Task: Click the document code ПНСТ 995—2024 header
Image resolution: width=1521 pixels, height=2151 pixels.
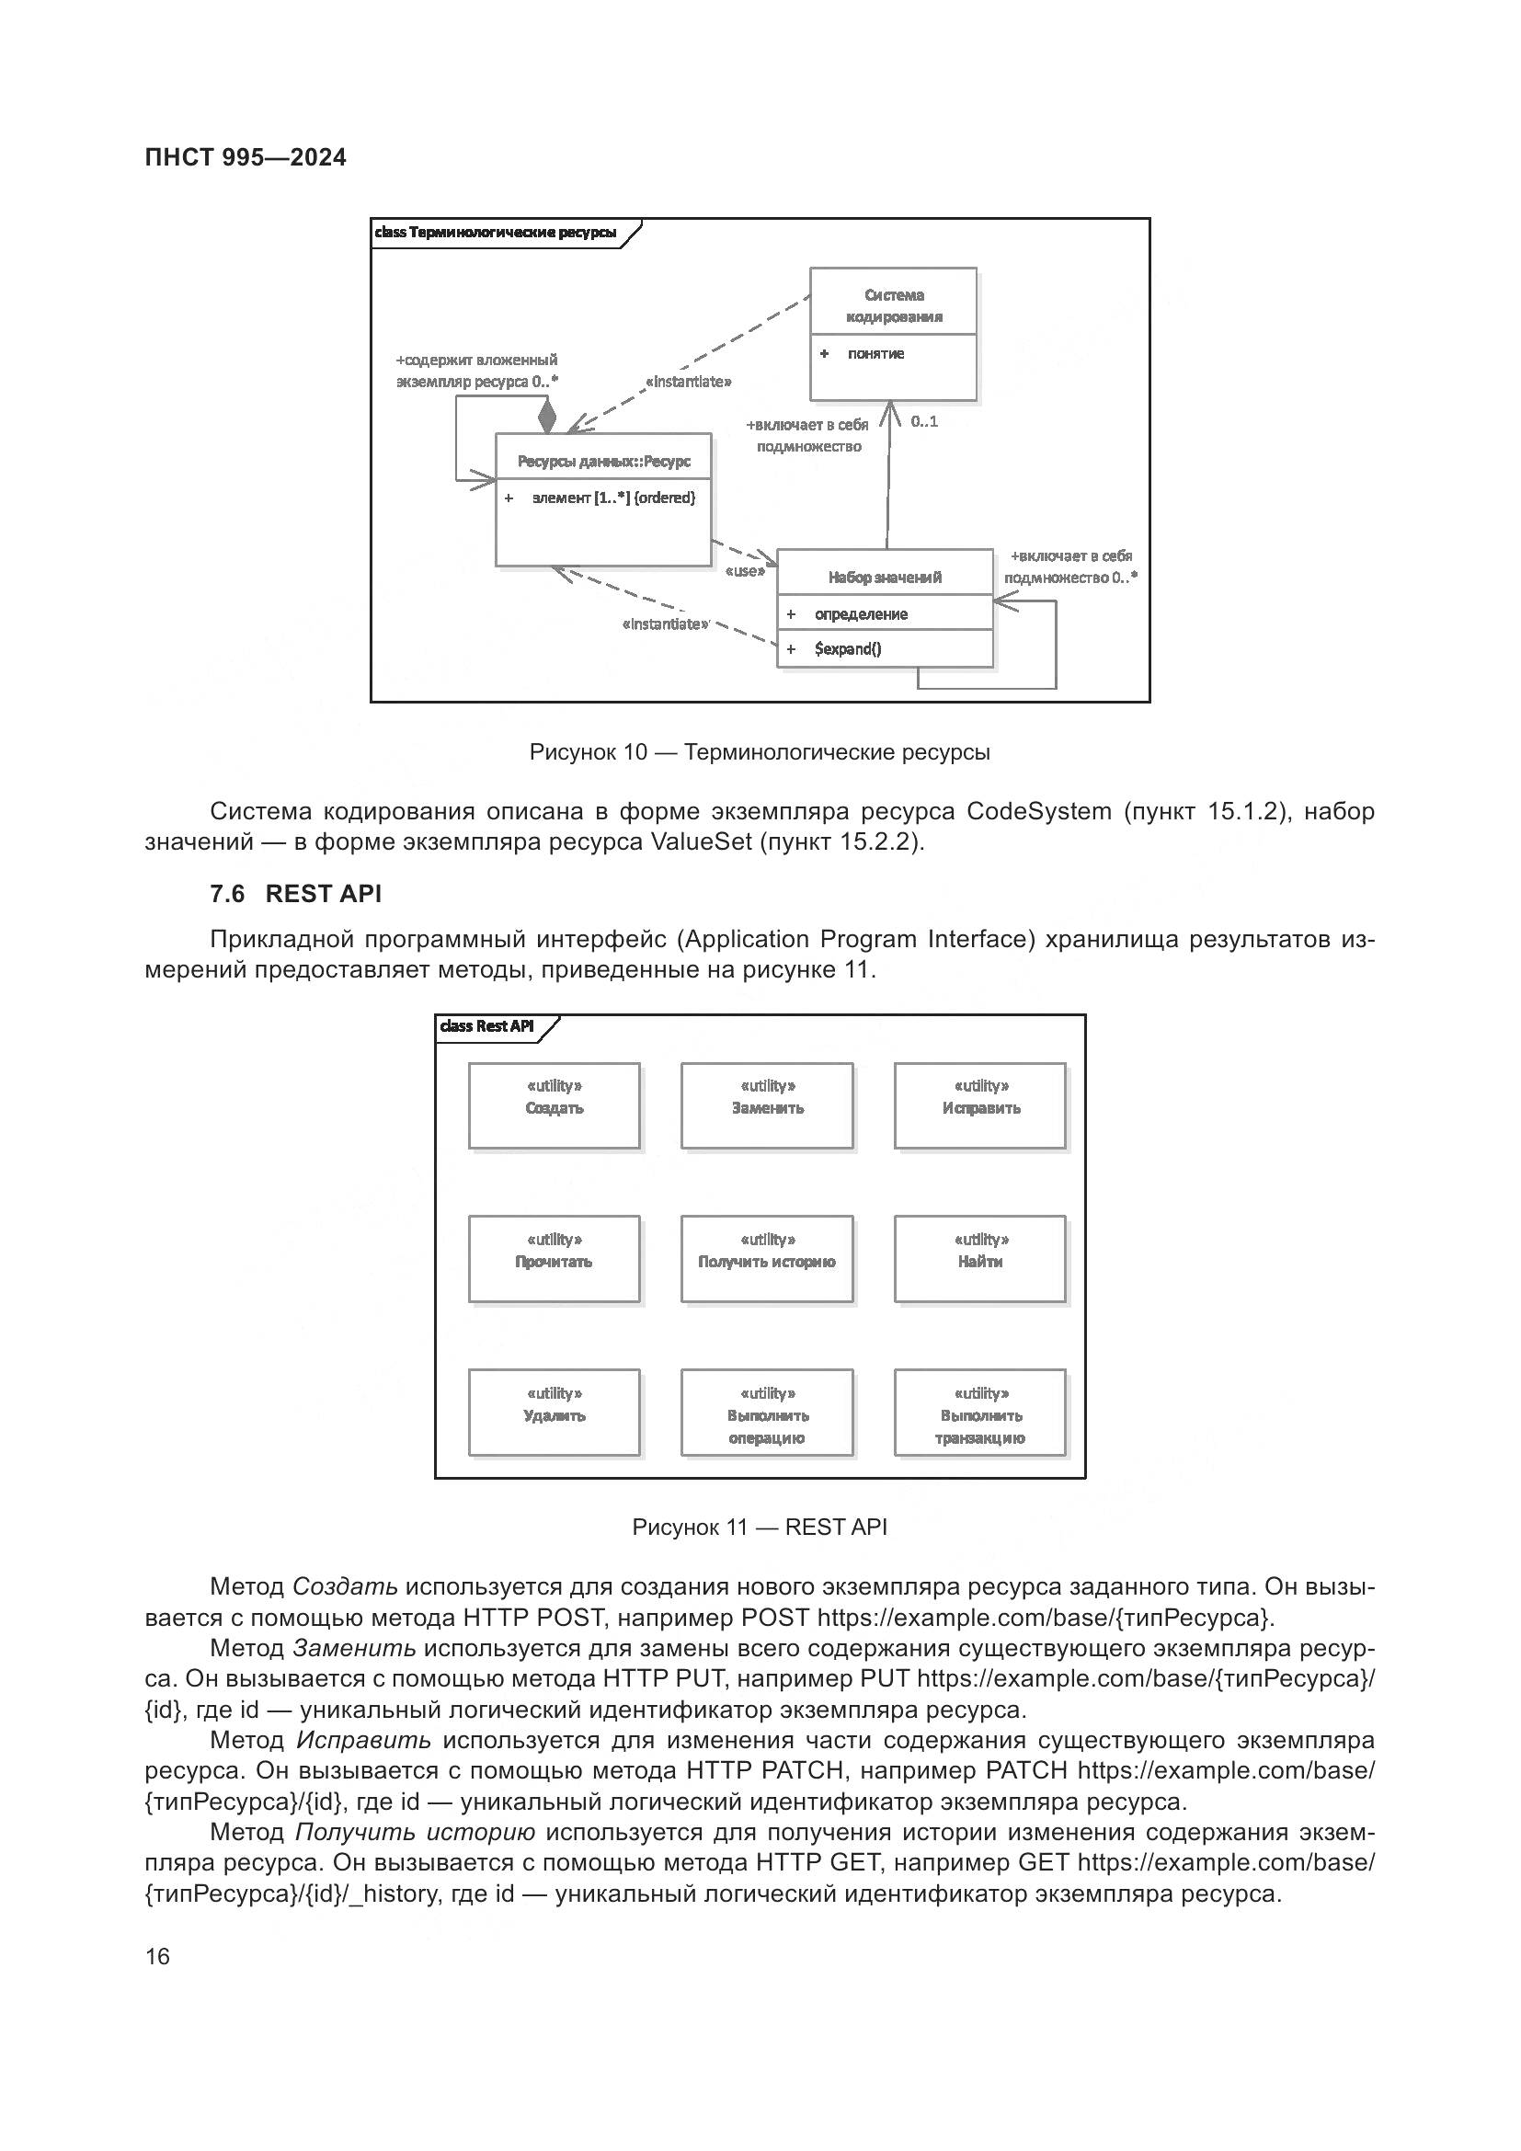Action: pyautogui.click(x=246, y=157)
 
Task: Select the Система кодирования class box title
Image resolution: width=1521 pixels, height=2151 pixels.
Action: pyautogui.click(x=894, y=305)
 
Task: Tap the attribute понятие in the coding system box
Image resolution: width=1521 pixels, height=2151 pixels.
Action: pyautogui.click(x=875, y=353)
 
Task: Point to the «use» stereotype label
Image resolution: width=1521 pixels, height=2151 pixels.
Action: pyautogui.click(x=745, y=570)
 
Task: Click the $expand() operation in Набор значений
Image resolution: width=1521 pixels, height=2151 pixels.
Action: pyautogui.click(x=848, y=648)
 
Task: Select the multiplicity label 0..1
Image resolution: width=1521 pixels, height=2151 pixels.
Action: pyautogui.click(x=923, y=421)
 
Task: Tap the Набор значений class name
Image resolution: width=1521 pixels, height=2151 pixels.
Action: pyautogui.click(x=884, y=578)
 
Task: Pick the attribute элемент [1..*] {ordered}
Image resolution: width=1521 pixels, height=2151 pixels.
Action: pyautogui.click(x=613, y=498)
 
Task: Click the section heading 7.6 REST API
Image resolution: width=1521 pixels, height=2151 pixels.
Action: pyautogui.click(x=296, y=894)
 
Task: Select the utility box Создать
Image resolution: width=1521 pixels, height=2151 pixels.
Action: pyautogui.click(x=554, y=1105)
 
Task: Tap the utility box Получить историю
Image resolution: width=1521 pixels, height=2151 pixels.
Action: pyautogui.click(x=766, y=1259)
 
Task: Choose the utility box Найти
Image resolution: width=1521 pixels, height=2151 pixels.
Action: pyautogui.click(x=979, y=1259)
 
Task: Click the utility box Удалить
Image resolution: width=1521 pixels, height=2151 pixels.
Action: pyautogui.click(x=554, y=1413)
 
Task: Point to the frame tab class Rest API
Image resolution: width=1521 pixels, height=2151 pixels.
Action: pyautogui.click(x=487, y=1026)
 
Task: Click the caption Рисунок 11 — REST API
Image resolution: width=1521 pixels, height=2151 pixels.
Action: pyautogui.click(x=760, y=1527)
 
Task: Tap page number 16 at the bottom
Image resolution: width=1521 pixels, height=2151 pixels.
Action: pyautogui.click(x=157, y=1956)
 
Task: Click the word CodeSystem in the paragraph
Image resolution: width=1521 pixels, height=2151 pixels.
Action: pyautogui.click(x=1038, y=811)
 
